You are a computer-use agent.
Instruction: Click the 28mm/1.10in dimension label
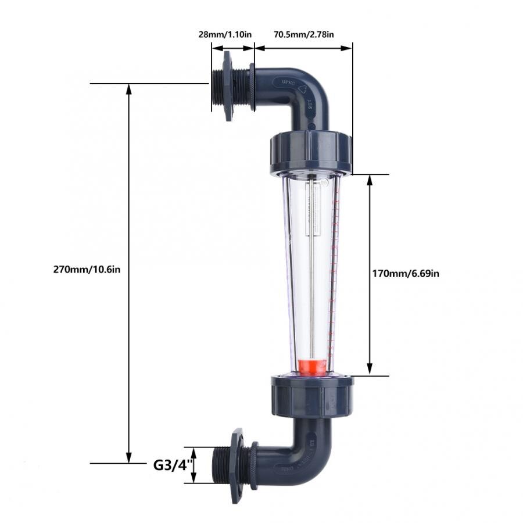click(225, 34)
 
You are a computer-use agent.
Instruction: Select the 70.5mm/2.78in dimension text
click(303, 34)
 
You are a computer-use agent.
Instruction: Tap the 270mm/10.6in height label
click(87, 269)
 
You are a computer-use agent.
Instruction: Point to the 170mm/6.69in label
click(405, 273)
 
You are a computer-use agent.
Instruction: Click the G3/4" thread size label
click(171, 465)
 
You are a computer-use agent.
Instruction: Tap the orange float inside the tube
click(312, 367)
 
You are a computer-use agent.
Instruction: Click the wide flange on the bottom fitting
click(237, 465)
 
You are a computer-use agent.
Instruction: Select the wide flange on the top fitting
click(227, 86)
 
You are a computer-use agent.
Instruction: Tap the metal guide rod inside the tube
click(312, 291)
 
